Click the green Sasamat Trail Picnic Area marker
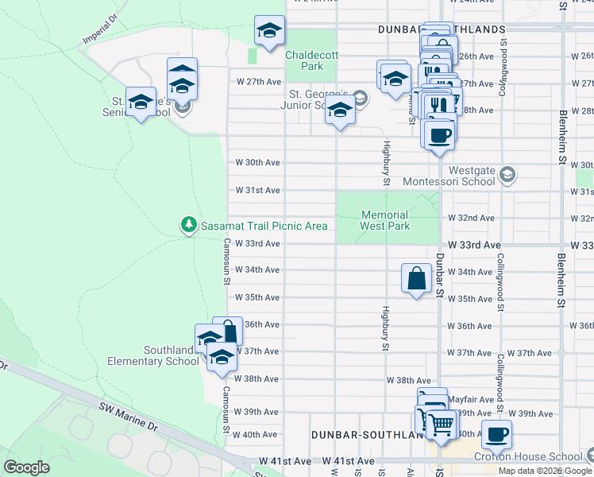pos(189,226)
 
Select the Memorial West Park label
pos(385,220)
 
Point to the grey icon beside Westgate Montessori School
pos(509,174)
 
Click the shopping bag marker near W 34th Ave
pos(417,279)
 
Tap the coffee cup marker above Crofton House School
pos(497,434)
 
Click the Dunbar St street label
pos(439,282)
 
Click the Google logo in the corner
pos(27,467)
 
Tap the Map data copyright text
pos(545,471)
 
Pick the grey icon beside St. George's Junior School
pos(360,98)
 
